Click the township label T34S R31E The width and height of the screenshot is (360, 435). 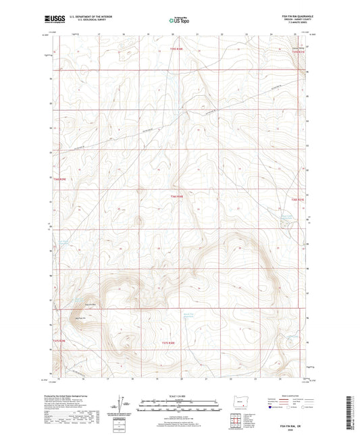pyautogui.click(x=299, y=200)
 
